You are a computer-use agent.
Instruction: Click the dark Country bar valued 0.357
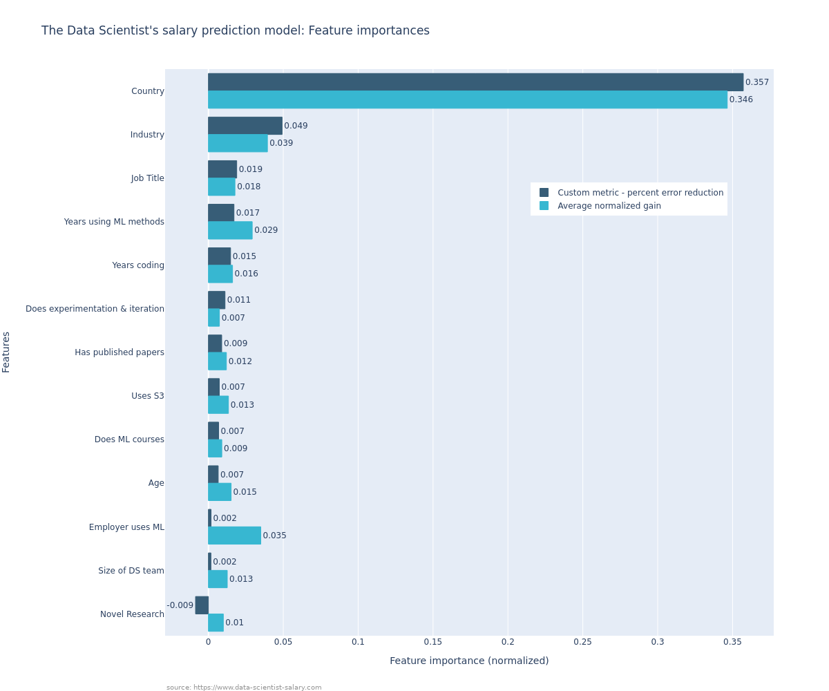tap(475, 82)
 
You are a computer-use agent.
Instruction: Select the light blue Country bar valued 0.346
tap(468, 100)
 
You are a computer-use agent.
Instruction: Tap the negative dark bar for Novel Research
tap(202, 605)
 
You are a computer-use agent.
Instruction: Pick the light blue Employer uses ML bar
tap(234, 536)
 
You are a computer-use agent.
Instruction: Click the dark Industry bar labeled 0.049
tap(245, 126)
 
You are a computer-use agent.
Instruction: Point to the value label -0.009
tap(180, 605)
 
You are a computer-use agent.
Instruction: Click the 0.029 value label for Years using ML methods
tap(266, 230)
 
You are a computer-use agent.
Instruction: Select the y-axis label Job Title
tap(148, 178)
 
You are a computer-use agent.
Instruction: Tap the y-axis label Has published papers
tap(120, 352)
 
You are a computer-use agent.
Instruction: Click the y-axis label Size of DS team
tap(131, 571)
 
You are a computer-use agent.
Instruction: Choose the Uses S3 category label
tap(148, 396)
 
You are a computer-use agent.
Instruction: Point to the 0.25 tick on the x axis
tap(582, 642)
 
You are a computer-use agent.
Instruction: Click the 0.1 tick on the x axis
tap(358, 642)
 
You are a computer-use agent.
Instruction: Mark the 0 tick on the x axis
tap(208, 642)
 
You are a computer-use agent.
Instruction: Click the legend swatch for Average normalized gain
tap(544, 206)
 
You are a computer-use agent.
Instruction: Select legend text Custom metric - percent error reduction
tap(640, 193)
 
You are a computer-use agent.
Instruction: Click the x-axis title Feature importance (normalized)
tap(469, 661)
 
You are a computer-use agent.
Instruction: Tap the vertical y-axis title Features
tap(6, 352)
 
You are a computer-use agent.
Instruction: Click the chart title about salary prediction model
tap(235, 31)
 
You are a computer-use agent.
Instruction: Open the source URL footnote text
tap(244, 688)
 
